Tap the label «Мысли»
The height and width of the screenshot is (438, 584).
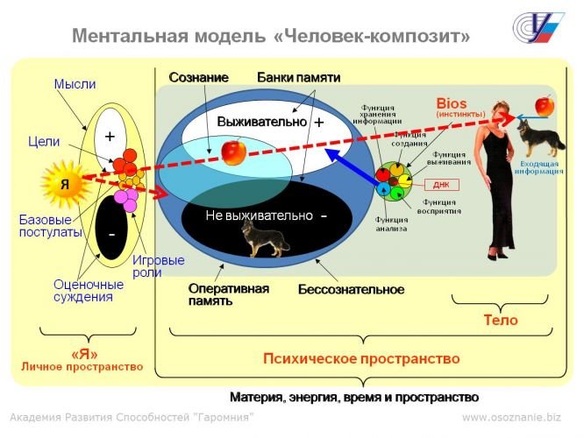[x=75, y=84]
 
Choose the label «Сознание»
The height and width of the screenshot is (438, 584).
[x=198, y=77]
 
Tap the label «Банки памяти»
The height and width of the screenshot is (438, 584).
[x=298, y=77]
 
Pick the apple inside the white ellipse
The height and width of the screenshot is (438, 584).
[x=233, y=152]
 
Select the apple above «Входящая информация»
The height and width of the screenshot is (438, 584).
[x=544, y=106]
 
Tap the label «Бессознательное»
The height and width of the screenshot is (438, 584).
[x=351, y=289]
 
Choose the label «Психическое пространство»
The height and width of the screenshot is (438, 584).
[x=361, y=359]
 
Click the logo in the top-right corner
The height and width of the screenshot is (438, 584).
[x=537, y=29]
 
